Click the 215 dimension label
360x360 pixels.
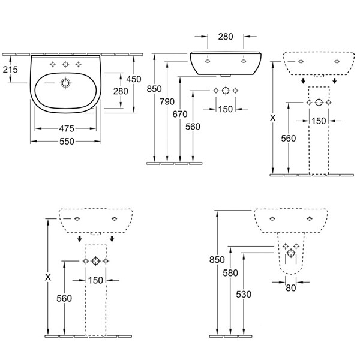10,70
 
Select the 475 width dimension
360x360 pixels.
65,128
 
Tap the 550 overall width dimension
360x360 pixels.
65,142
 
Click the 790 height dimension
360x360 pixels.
167,101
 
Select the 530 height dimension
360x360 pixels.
244,294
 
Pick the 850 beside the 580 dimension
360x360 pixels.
217,259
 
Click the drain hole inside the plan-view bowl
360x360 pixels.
65,84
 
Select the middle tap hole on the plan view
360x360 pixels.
65,64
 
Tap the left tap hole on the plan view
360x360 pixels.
53,64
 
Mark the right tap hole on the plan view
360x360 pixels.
78,64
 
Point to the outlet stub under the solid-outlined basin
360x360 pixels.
224,76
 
